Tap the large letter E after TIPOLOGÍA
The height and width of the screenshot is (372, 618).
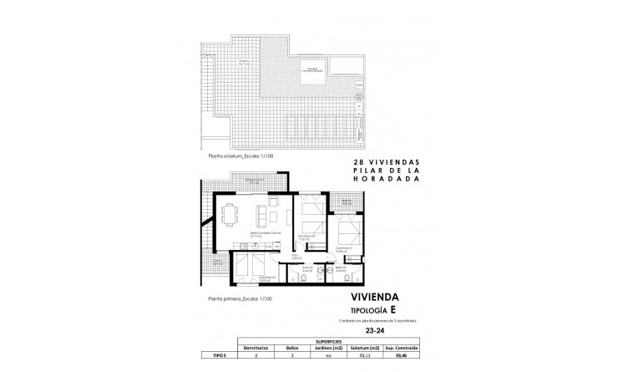[x=407, y=310]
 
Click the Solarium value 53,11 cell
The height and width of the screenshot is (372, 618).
[x=362, y=354]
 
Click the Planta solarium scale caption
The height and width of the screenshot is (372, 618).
[x=241, y=155]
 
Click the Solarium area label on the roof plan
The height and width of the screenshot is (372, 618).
[x=244, y=63]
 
